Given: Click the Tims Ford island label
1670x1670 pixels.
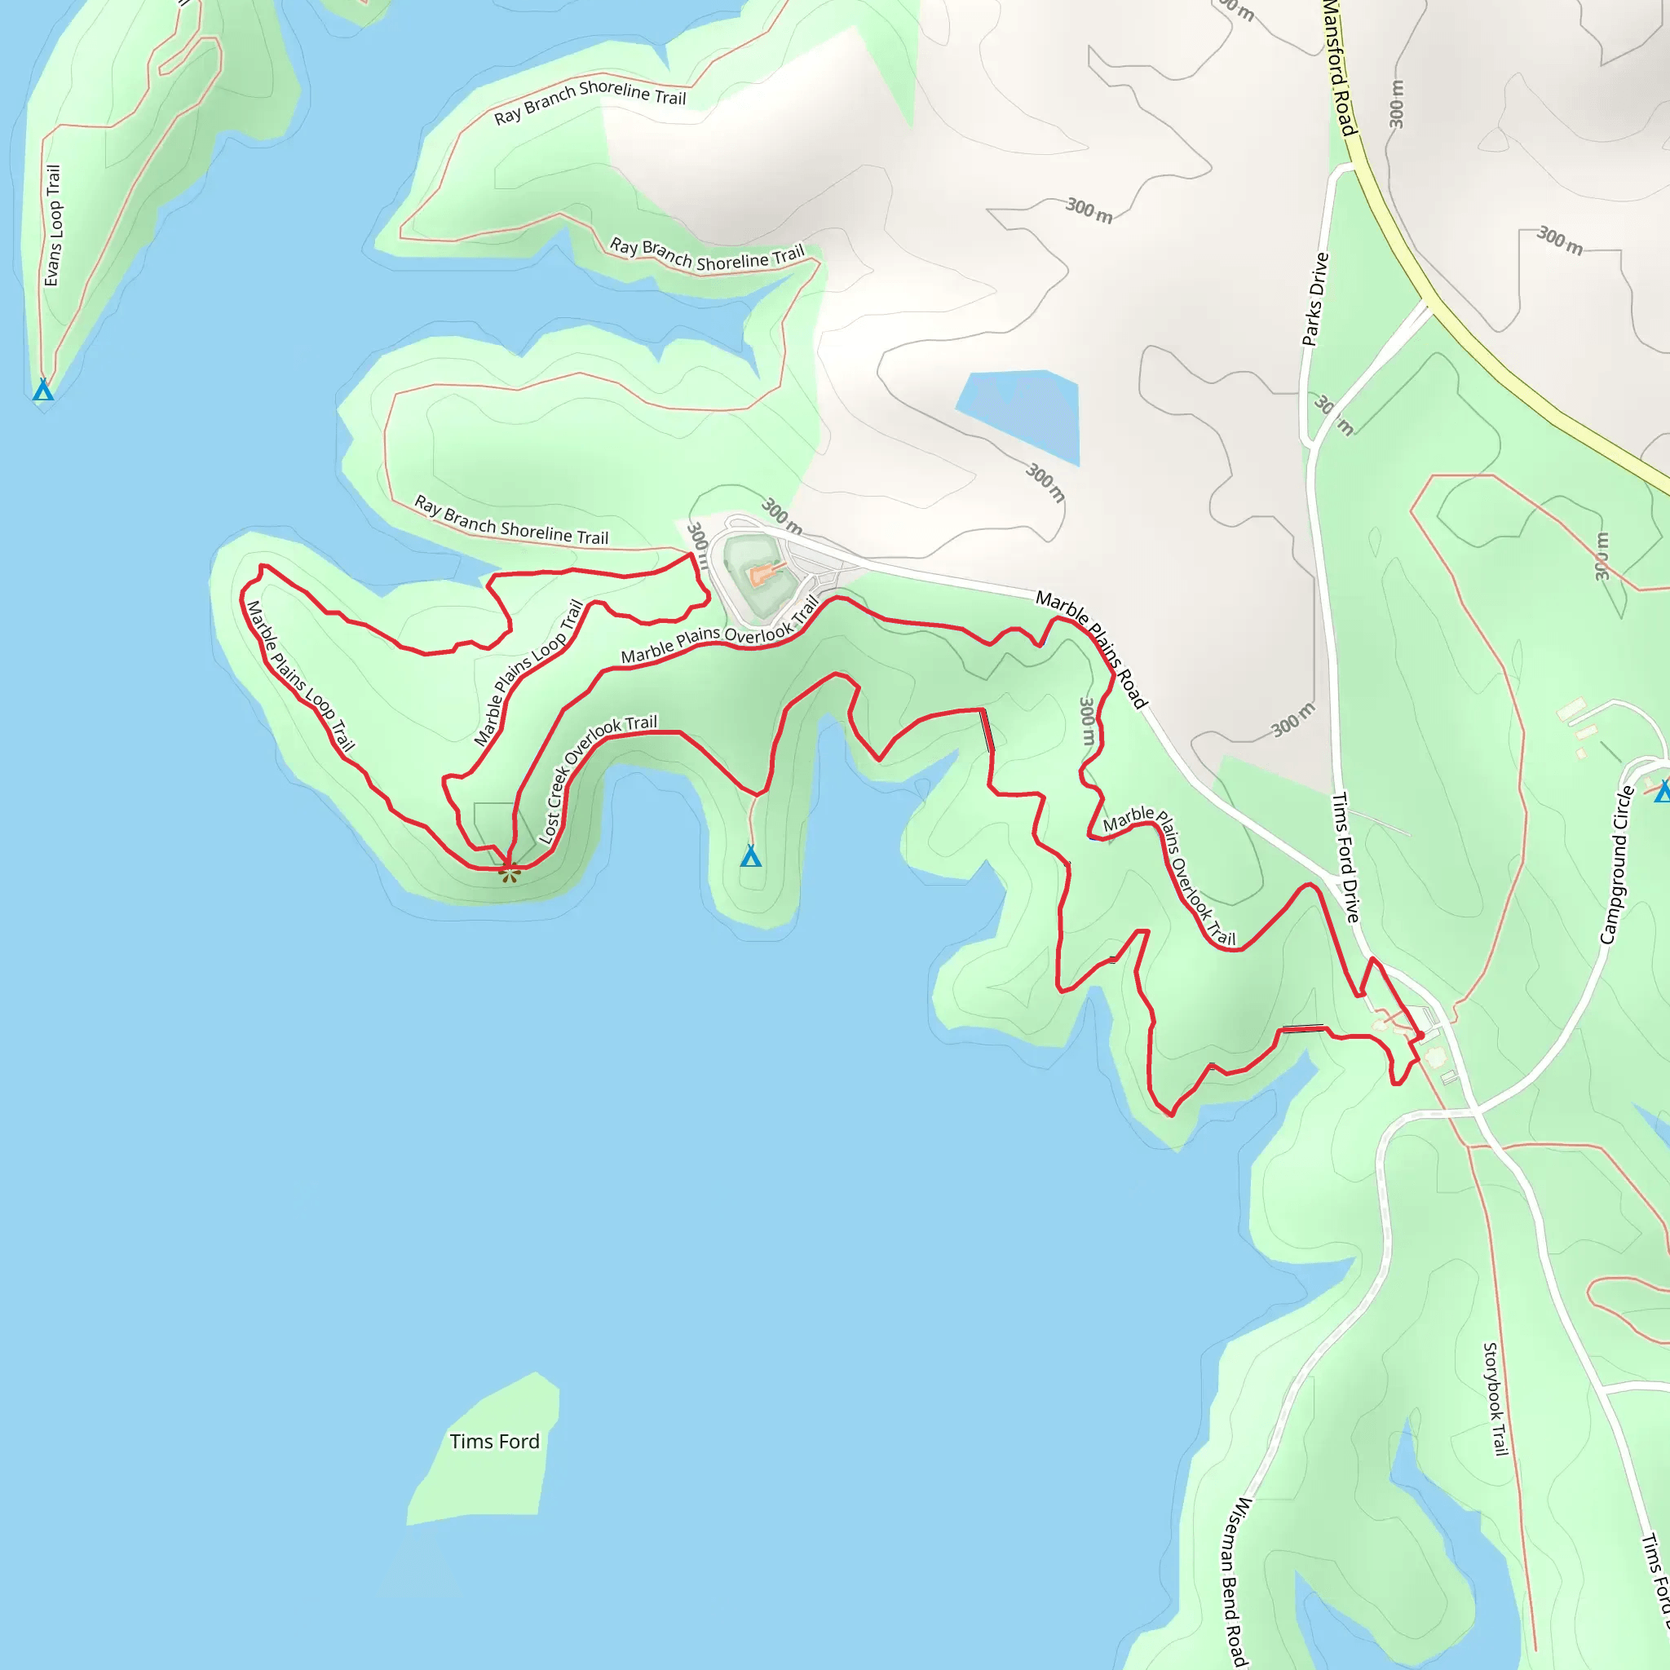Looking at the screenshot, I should click(x=493, y=1441).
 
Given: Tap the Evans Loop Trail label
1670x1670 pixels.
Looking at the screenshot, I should click(x=53, y=226).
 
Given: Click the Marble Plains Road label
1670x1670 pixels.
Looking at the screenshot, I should click(x=1091, y=649).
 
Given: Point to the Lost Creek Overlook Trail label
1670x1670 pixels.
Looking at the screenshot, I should click(x=596, y=778).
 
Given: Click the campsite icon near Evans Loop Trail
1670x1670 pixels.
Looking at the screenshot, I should click(x=42, y=391).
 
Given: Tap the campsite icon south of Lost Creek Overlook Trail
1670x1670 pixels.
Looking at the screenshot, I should click(x=750, y=857).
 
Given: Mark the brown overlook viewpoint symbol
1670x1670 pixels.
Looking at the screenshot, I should click(x=510, y=873).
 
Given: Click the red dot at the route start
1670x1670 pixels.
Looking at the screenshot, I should click(x=1420, y=1035).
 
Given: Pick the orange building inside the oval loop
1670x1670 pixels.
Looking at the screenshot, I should click(x=761, y=574).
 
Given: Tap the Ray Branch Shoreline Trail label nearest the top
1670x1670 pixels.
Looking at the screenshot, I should click(x=590, y=101).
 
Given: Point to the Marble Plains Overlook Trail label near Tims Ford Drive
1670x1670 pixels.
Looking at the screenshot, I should click(x=1169, y=873).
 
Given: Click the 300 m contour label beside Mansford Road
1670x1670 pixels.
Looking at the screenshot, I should click(x=1396, y=104).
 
